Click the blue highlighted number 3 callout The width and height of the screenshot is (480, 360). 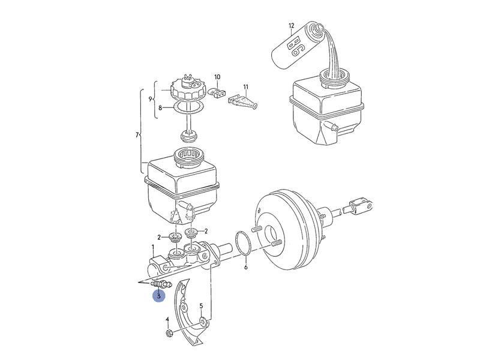point(158,296)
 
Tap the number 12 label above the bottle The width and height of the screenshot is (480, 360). point(291,26)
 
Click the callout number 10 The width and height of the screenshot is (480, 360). point(217,77)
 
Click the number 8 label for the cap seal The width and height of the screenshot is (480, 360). point(160,109)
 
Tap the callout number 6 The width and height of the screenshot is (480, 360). point(245,268)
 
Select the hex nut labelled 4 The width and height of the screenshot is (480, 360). point(169,333)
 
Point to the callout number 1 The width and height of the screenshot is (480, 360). point(153,247)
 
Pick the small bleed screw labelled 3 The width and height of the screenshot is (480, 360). point(163,283)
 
